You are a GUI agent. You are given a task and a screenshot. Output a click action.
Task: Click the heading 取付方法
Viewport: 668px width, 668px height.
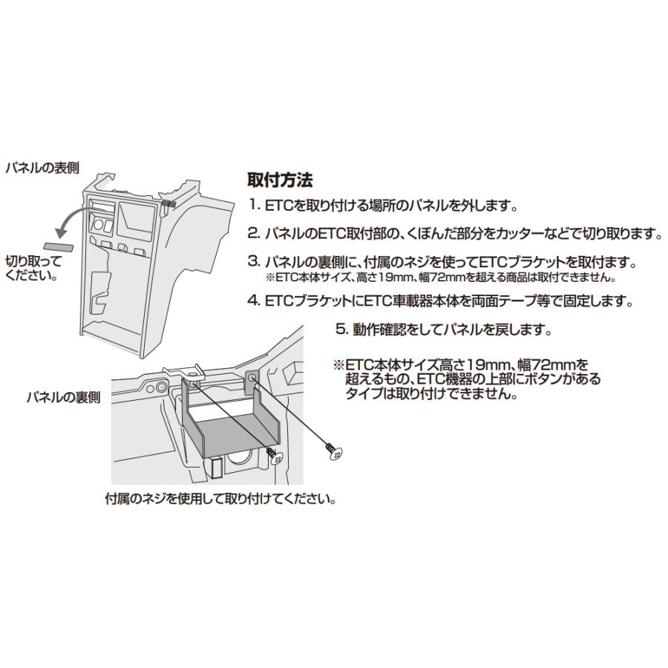(x=280, y=180)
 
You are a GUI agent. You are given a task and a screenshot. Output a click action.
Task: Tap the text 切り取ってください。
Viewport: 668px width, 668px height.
(x=33, y=268)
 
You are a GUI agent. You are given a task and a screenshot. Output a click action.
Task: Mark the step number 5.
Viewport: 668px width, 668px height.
(x=341, y=329)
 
